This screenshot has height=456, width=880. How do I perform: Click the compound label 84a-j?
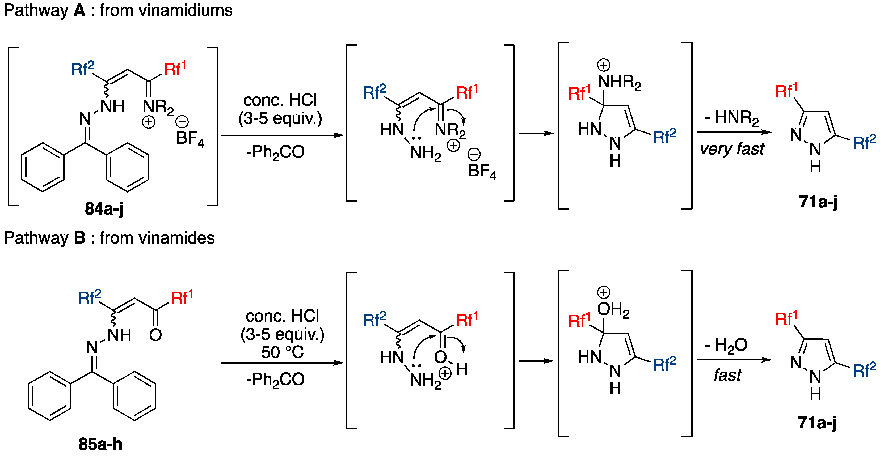click(104, 208)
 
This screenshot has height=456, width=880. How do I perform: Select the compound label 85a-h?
click(100, 444)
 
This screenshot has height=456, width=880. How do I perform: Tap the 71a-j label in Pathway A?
click(818, 202)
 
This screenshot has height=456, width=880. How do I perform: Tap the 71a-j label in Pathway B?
click(817, 423)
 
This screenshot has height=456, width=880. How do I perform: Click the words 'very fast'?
click(732, 149)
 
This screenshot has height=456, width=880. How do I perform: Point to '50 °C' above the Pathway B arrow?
click(282, 352)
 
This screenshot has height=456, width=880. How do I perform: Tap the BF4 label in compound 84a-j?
click(190, 139)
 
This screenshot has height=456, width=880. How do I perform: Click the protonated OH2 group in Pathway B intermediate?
click(613, 310)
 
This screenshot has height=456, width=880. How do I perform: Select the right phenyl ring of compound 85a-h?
click(134, 396)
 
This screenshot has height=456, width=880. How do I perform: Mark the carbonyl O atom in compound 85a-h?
click(155, 335)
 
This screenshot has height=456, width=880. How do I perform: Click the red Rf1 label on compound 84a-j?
click(175, 69)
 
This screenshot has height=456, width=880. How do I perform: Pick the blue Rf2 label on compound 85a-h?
click(89, 298)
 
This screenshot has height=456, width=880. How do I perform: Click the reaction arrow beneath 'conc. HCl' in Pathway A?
click(282, 135)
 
